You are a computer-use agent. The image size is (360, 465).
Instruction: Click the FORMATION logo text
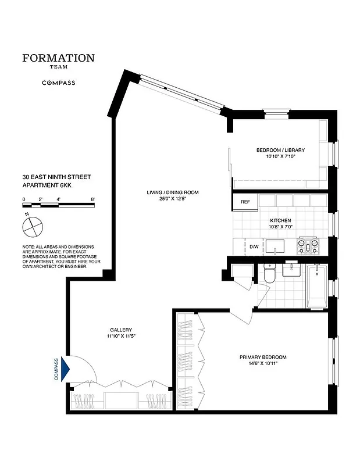(58, 58)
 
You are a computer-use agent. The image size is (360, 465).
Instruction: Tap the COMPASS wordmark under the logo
(58, 83)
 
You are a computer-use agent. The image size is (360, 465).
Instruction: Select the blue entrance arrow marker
(65, 369)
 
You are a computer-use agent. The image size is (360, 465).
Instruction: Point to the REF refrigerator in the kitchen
(245, 202)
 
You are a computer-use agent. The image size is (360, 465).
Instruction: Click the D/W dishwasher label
(254, 247)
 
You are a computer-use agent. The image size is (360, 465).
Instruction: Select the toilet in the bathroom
(269, 274)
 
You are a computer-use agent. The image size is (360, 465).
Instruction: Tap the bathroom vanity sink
(291, 270)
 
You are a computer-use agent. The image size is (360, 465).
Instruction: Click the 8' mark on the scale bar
(92, 199)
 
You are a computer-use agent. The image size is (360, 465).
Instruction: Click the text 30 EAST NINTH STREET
(56, 177)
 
